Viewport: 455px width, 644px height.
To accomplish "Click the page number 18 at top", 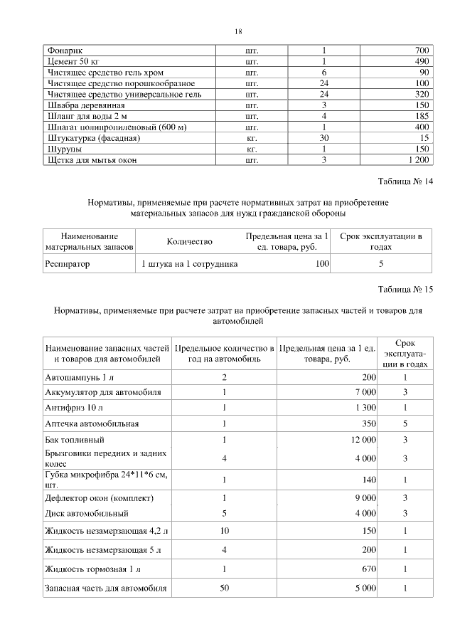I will point(239,31).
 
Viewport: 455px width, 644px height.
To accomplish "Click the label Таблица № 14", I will point(406,182).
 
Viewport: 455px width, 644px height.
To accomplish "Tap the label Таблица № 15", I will point(406,289).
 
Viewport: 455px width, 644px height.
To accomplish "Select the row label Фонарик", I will point(65,51).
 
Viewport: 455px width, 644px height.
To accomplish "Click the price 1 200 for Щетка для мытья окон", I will point(418,160).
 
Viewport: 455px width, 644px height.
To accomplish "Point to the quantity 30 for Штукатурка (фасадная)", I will point(323,138).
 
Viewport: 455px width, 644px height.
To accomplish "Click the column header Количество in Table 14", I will point(189,241).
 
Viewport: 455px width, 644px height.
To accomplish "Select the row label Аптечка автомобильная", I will point(92,423).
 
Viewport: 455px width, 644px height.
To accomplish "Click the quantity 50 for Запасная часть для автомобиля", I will point(224,588).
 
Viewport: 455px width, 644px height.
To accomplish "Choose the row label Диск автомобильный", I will point(86,513).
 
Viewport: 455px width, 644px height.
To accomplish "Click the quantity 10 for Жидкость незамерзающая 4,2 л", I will point(224,530).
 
